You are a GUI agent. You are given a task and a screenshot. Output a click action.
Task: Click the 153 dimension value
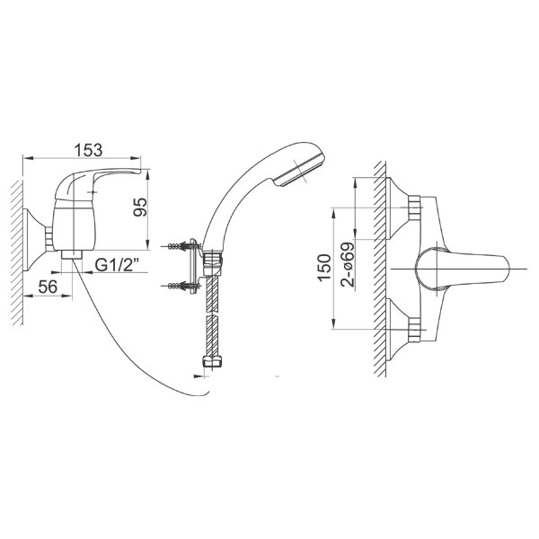pos(89,150)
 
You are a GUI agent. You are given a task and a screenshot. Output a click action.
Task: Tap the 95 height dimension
pos(141,207)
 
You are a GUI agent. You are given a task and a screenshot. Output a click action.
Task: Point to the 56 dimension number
pos(48,287)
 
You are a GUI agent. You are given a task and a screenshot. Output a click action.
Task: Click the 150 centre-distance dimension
pos(324,269)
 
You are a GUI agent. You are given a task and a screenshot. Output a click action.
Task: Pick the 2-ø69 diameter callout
pos(348,264)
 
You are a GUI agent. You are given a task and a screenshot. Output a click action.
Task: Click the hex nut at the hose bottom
pos(213,362)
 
